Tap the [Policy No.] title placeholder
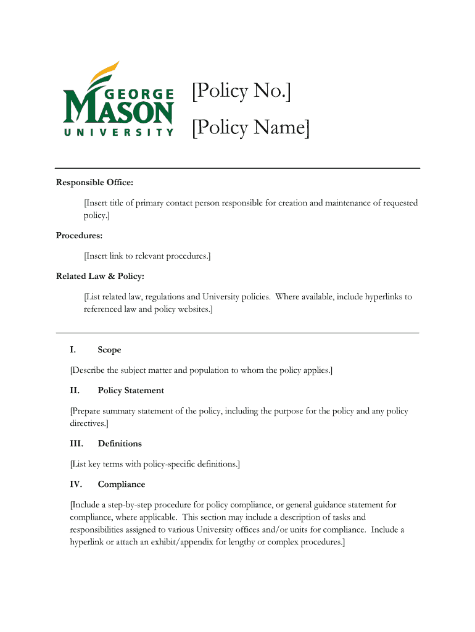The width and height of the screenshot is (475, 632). click(x=241, y=92)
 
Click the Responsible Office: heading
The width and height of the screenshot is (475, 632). click(x=94, y=182)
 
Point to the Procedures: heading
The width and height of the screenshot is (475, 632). click(x=80, y=235)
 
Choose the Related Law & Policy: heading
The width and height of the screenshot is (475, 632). click(x=100, y=276)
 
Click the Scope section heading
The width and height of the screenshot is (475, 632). click(x=109, y=350)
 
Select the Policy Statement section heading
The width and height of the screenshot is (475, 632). click(x=131, y=391)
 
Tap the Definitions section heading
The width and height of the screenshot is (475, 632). click(x=120, y=444)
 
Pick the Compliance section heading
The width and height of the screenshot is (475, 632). click(x=122, y=484)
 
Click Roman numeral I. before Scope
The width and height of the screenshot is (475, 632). click(x=73, y=350)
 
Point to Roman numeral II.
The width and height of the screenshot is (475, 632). click(x=75, y=391)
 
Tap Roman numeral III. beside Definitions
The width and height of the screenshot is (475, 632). click(x=76, y=444)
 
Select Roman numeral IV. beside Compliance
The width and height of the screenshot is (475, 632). click(x=76, y=484)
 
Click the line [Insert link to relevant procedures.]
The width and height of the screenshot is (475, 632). click(x=147, y=256)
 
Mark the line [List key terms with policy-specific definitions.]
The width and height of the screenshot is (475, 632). click(x=155, y=464)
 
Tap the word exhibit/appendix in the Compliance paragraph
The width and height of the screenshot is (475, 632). click(x=173, y=542)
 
